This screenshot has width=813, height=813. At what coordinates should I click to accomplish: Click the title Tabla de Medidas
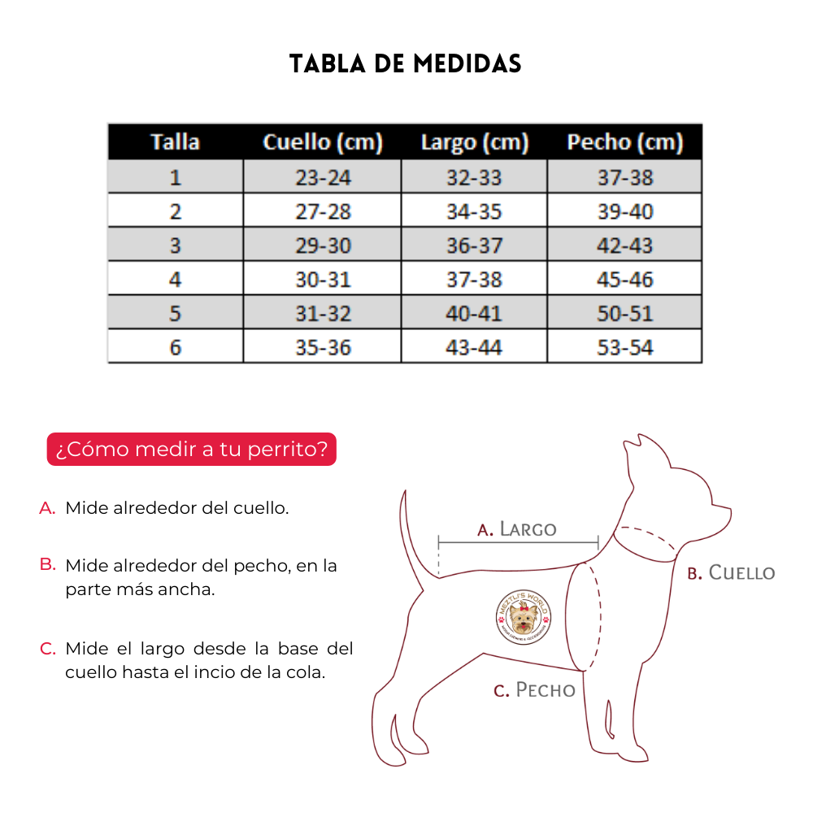click(406, 64)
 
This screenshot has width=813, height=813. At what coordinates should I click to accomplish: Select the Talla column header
click(175, 142)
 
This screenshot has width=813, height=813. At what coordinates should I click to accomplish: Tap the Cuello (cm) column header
click(322, 142)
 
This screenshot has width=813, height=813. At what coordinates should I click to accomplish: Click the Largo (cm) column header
click(475, 143)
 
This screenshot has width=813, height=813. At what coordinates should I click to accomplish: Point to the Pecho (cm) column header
click(624, 142)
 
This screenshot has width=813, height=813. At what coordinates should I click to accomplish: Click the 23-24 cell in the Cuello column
click(322, 177)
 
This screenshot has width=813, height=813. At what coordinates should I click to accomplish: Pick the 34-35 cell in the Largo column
click(475, 211)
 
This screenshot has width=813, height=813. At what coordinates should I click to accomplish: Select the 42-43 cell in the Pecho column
click(624, 246)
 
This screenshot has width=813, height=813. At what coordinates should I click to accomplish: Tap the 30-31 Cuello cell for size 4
click(322, 280)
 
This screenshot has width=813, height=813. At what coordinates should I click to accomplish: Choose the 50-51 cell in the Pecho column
click(624, 314)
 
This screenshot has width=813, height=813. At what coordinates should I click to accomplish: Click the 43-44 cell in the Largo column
click(475, 348)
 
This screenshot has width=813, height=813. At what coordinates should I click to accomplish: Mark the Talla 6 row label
click(175, 348)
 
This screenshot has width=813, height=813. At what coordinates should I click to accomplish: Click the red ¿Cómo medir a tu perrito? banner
click(192, 450)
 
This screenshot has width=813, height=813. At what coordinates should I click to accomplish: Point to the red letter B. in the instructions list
click(47, 563)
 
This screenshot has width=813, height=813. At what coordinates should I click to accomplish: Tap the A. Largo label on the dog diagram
click(517, 529)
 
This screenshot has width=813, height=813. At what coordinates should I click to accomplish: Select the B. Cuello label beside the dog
click(731, 572)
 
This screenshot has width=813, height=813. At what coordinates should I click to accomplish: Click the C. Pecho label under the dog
click(534, 690)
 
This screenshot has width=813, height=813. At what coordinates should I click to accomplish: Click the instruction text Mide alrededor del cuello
click(177, 508)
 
